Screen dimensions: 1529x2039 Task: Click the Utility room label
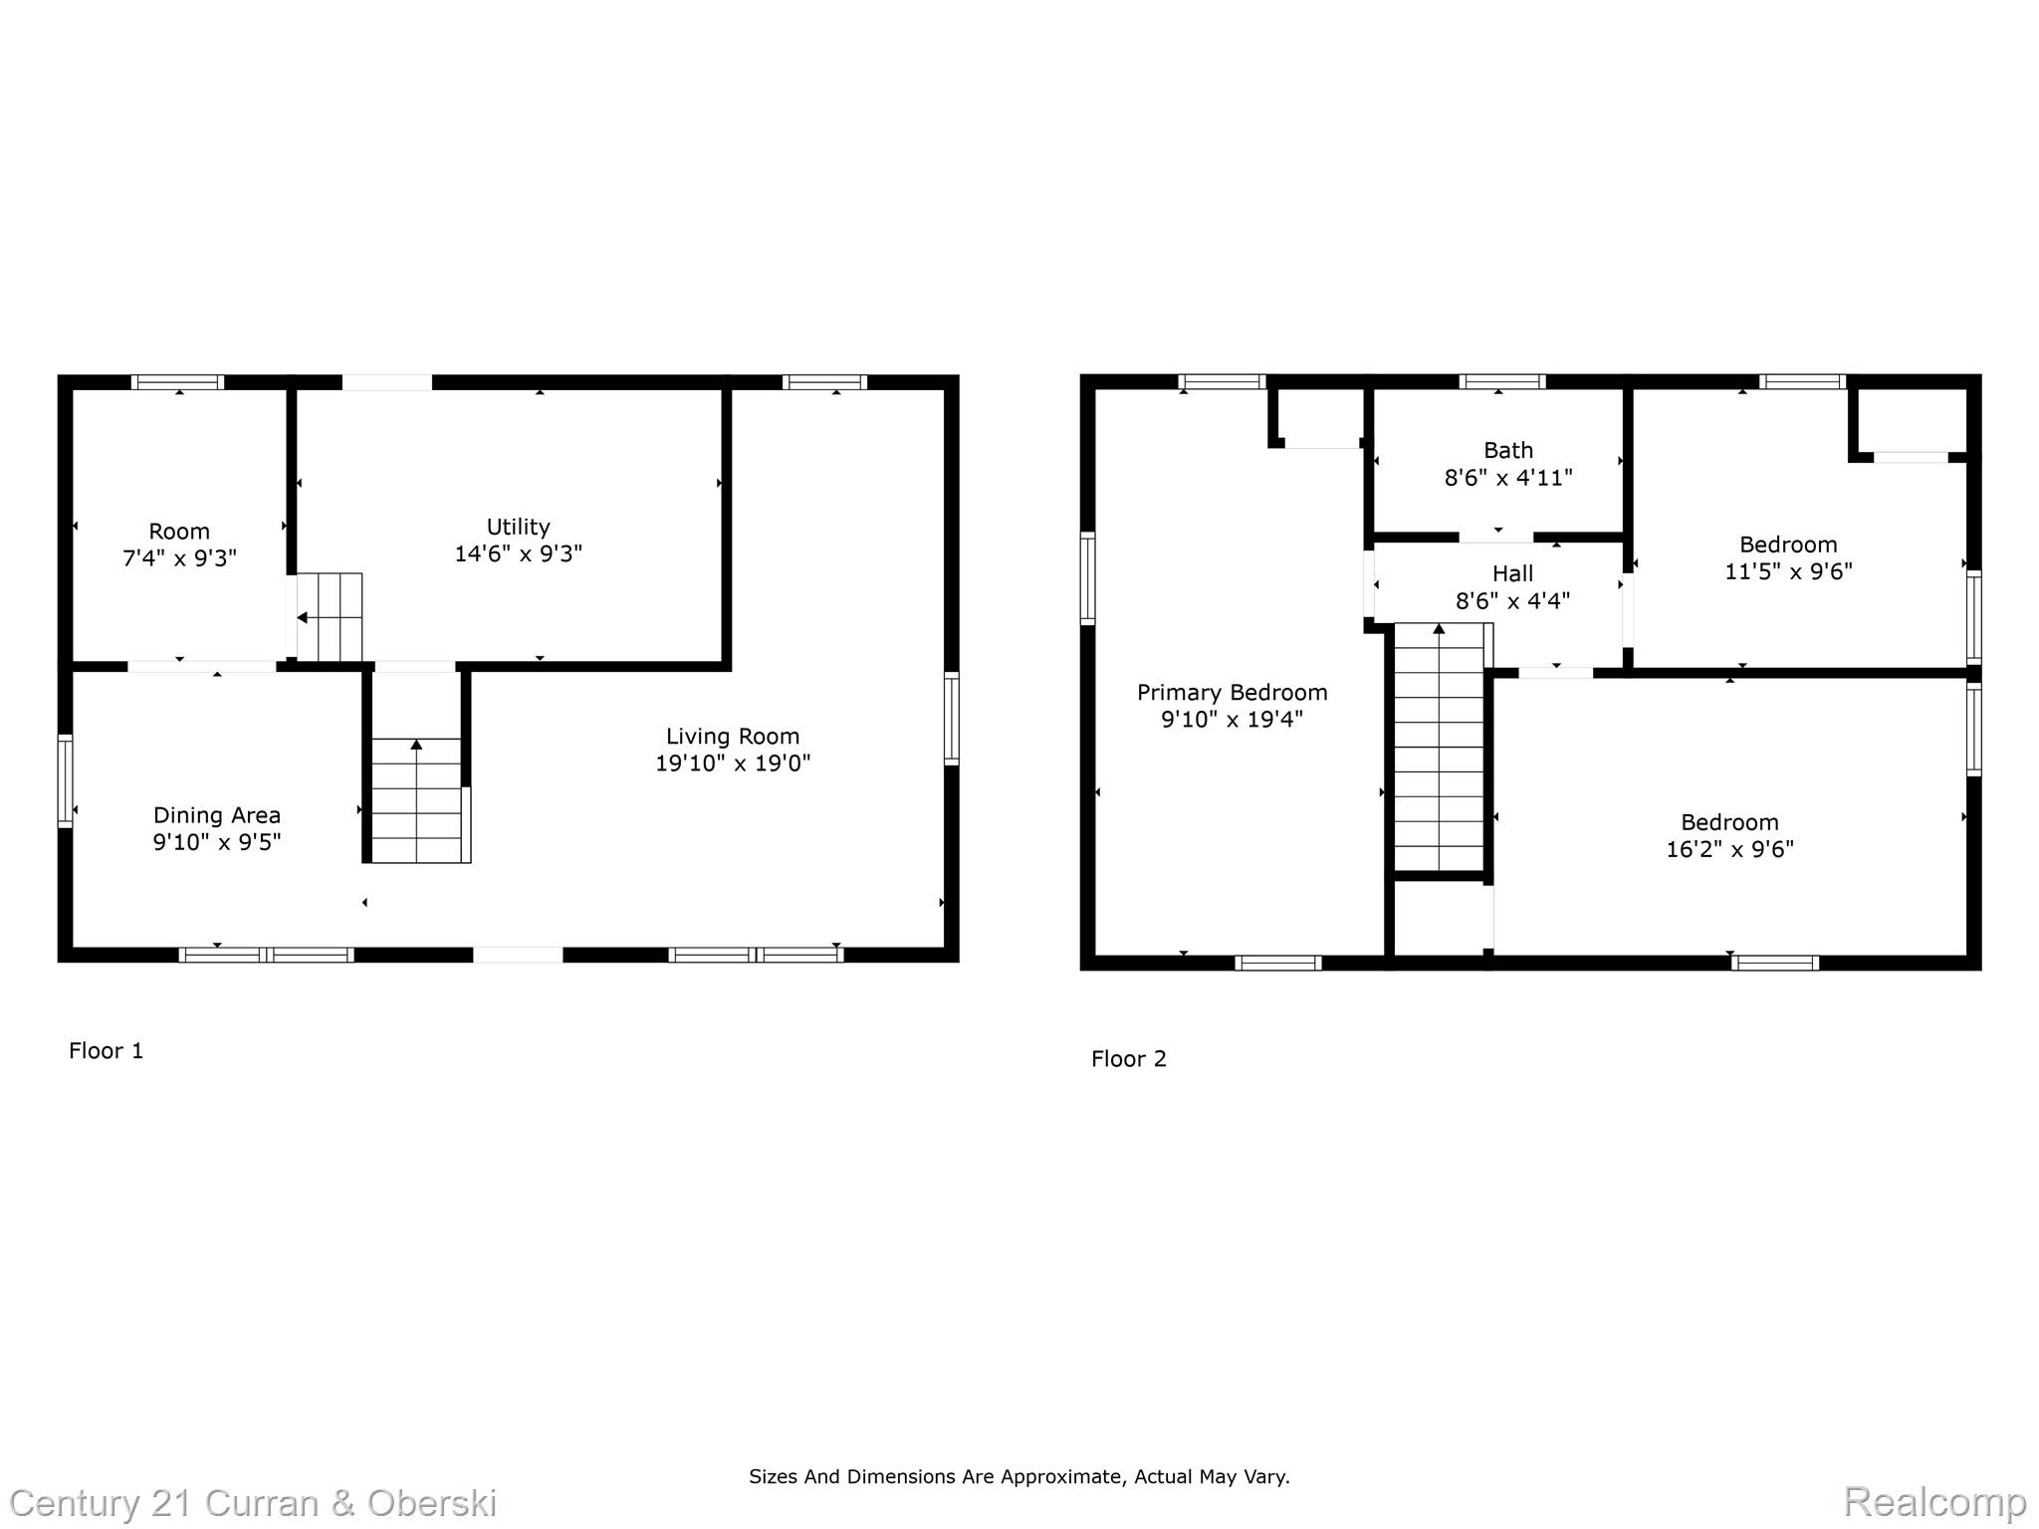pos(518,528)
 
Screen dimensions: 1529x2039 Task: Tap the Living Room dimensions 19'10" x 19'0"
pos(733,764)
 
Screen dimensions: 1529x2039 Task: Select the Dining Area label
pos(217,816)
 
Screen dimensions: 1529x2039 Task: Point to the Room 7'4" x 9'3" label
pos(179,545)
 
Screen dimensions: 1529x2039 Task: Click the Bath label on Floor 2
pos(1507,451)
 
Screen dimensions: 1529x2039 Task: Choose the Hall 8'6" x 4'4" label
pos(1511,587)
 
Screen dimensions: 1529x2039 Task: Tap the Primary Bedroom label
pos(1232,693)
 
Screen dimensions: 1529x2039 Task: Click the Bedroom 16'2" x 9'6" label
pos(1729,835)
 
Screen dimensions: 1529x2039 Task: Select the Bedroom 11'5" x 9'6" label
pos(1787,557)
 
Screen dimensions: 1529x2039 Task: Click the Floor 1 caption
pos(107,1051)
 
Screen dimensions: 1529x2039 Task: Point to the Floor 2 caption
pos(1128,1059)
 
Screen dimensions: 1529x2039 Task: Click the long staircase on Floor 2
pos(1439,747)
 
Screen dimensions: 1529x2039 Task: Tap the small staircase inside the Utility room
pos(330,617)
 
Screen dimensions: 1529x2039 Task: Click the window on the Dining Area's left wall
pos(66,780)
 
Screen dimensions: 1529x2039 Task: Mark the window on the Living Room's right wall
pos(951,719)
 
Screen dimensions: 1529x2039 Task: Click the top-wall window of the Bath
pos(1501,381)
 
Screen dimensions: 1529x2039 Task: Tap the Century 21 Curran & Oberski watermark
pos(253,1503)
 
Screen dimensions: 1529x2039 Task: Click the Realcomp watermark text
pos(1933,1501)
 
